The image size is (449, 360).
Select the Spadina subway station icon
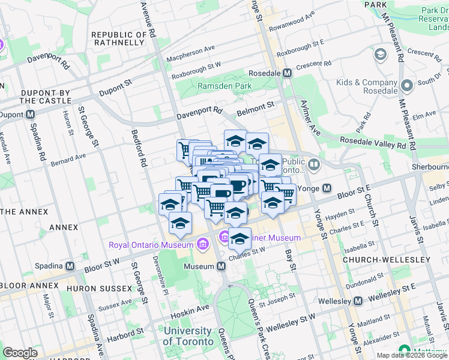70,266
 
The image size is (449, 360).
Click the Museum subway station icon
221,266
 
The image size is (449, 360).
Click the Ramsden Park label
224,86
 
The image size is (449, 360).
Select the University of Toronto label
187,336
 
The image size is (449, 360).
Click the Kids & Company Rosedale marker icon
407,85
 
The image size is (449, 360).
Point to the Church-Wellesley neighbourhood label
386,260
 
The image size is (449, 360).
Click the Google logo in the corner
20,353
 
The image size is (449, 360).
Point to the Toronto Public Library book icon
314,163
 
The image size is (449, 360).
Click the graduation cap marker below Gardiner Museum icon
240,239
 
